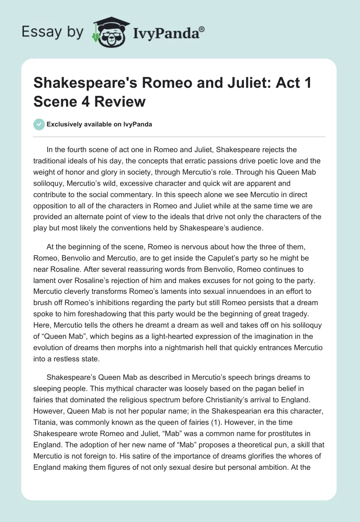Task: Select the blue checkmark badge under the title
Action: point(39,124)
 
